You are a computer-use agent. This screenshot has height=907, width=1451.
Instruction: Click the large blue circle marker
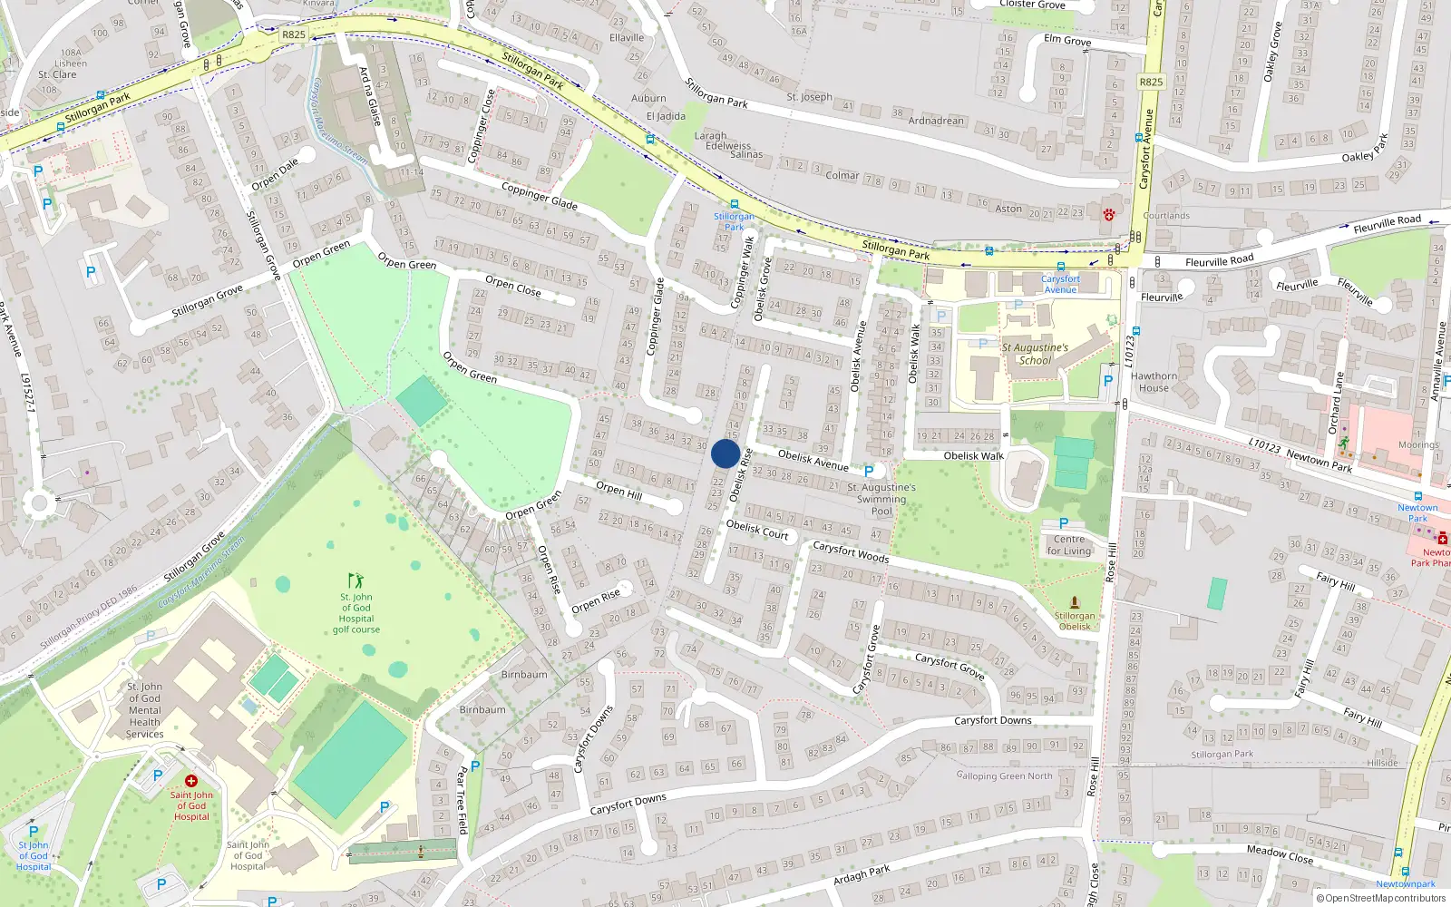point(725,453)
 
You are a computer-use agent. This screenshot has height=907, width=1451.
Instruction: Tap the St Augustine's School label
point(1035,354)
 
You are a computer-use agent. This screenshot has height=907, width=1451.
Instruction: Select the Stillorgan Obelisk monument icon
point(1075,602)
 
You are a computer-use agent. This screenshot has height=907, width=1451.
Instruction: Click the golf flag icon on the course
point(355,580)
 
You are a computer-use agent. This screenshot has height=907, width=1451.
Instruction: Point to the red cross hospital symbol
point(191,781)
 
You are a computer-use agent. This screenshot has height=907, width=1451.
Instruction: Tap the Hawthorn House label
point(1154,382)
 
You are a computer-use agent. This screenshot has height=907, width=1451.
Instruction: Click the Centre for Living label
point(1069,545)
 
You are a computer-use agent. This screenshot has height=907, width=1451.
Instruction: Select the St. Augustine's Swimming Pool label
point(881,499)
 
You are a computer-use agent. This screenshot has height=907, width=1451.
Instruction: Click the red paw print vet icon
point(1108,214)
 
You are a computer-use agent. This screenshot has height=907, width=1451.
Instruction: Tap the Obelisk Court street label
point(757,530)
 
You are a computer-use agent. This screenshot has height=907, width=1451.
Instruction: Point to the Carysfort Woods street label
point(850,551)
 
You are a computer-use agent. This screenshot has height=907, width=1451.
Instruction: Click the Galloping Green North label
point(1004,775)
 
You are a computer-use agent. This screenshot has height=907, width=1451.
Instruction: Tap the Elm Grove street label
point(1067,40)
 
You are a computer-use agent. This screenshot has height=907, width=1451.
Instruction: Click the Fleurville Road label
point(1219,261)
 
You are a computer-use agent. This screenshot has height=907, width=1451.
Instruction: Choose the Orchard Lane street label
point(1335,403)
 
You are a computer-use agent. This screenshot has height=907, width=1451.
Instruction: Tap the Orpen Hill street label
point(618,490)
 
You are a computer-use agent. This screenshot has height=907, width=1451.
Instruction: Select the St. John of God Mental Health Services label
point(144,710)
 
